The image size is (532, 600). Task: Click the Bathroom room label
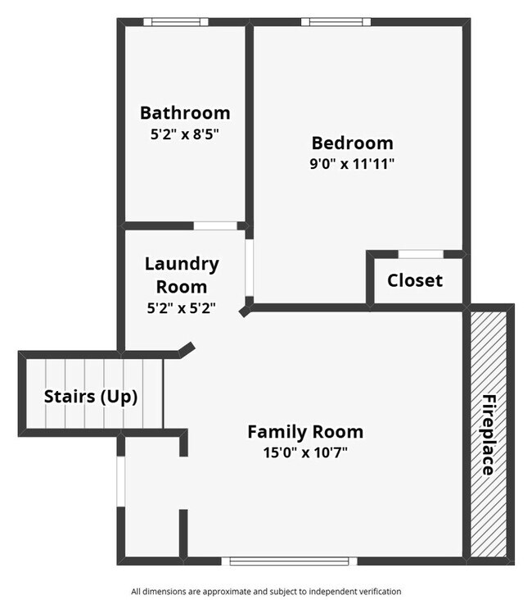coord(185,113)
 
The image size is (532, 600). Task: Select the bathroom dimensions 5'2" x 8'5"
coord(185,134)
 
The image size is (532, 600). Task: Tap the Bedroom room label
coord(352,143)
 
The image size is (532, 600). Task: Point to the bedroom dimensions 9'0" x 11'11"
coord(352,163)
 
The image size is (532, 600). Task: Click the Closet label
coord(415,280)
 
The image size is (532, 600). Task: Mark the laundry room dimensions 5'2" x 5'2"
coord(182,308)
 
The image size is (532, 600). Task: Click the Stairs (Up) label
coord(91,397)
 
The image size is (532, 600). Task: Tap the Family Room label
coord(305,431)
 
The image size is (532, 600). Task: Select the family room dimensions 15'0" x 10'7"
coord(305,452)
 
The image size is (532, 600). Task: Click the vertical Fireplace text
coord(488,434)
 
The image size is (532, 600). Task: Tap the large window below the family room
coord(290,561)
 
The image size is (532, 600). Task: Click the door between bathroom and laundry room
coord(215,225)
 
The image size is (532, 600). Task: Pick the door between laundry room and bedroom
coord(249,267)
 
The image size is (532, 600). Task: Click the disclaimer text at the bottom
coord(266,591)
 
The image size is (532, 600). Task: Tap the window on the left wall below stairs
coord(121,481)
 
